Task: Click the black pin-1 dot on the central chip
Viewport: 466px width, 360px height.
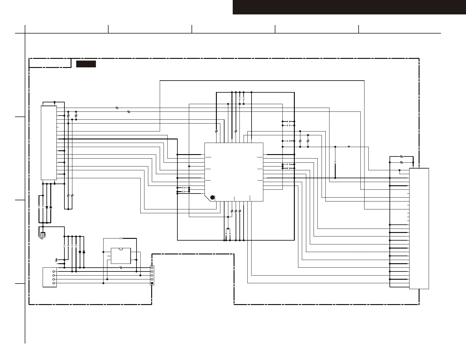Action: click(x=212, y=197)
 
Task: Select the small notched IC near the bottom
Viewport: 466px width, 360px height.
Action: click(x=121, y=256)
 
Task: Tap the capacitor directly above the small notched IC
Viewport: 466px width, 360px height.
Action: click(x=121, y=238)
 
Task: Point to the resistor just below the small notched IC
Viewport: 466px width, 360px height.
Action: click(x=121, y=268)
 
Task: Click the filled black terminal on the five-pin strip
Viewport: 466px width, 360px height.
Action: click(x=152, y=283)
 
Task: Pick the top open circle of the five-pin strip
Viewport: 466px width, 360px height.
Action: click(x=152, y=268)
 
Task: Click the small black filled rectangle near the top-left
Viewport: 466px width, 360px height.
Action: click(x=86, y=64)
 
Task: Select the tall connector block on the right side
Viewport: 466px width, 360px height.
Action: click(x=419, y=229)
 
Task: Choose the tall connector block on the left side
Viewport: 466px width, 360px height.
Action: click(x=49, y=143)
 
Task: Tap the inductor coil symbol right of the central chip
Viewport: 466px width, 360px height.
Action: click(x=349, y=146)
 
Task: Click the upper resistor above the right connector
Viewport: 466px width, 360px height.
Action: click(x=402, y=157)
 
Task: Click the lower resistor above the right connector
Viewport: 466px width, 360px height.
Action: click(x=402, y=162)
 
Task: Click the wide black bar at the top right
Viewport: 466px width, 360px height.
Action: click(x=349, y=7)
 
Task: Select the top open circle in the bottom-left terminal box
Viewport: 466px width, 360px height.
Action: click(x=54, y=271)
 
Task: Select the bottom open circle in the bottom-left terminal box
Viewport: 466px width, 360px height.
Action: click(x=54, y=283)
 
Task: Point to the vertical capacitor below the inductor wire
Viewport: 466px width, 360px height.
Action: click(x=335, y=162)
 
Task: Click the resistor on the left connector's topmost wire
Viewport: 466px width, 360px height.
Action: click(x=117, y=108)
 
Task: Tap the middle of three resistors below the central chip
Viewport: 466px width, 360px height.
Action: click(x=236, y=211)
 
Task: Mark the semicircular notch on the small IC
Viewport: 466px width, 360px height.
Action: click(x=121, y=249)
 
